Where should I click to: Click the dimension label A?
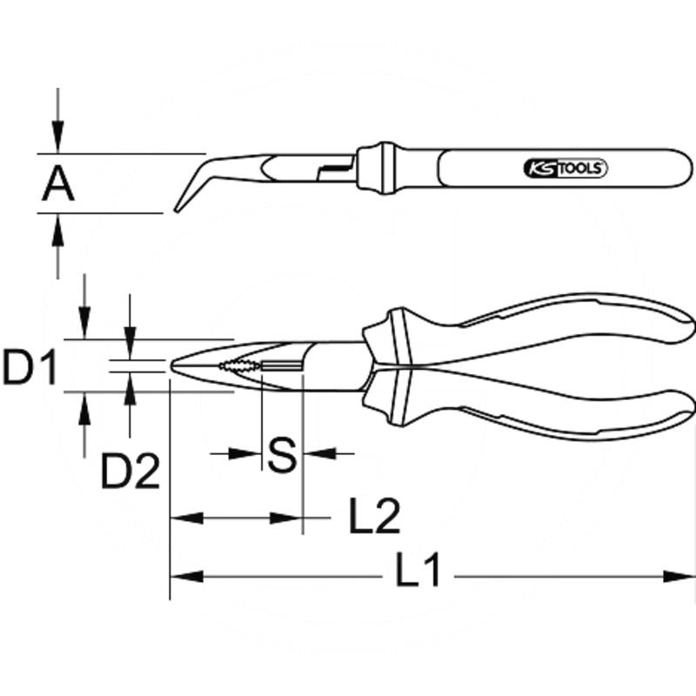click(x=58, y=184)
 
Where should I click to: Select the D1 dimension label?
click(x=29, y=366)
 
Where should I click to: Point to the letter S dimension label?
click(x=281, y=454)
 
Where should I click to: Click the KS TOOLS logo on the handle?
click(x=564, y=168)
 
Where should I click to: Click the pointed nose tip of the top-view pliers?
click(x=173, y=366)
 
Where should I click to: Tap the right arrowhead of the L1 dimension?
click(x=683, y=576)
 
